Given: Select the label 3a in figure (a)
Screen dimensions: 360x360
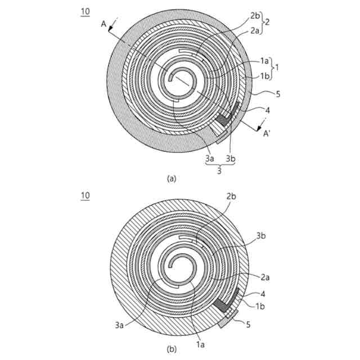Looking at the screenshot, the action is point(210,159).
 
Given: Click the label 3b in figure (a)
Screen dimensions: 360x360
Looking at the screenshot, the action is point(231,159).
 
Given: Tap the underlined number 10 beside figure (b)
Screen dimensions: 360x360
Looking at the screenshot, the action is point(85,195).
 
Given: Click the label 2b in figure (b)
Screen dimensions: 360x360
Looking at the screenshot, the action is point(231,196).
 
